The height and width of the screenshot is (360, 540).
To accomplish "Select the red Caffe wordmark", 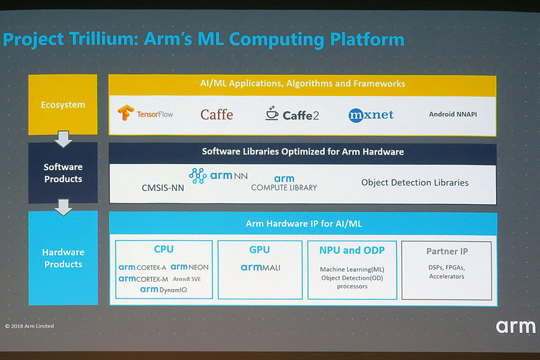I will (x=216, y=114).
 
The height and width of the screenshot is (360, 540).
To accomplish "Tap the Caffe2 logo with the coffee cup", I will (x=292, y=113).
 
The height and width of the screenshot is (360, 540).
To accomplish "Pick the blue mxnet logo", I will (x=371, y=115).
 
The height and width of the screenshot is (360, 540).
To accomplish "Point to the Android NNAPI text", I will (x=453, y=114).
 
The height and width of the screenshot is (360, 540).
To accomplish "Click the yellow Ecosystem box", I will (x=63, y=105).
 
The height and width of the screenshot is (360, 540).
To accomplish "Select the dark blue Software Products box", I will (x=63, y=173).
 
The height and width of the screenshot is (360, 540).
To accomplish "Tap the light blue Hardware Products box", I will (x=63, y=258).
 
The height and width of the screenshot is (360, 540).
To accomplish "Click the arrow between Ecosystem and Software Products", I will (x=63, y=138).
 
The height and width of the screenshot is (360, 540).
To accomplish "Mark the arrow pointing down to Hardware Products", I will (x=63, y=206).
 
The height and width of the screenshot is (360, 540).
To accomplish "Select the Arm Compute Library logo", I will (x=284, y=183).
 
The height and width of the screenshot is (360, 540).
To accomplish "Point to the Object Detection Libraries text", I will (x=414, y=182).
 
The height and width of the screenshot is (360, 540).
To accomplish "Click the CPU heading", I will (x=164, y=250).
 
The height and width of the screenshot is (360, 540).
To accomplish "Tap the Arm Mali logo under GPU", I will (x=260, y=267).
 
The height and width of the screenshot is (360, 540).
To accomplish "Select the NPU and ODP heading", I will (x=352, y=251).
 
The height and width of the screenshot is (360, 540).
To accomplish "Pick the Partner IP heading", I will (x=446, y=251).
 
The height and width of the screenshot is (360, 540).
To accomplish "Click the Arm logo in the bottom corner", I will (x=516, y=327).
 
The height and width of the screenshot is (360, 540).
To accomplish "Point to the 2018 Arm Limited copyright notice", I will (x=30, y=326).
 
